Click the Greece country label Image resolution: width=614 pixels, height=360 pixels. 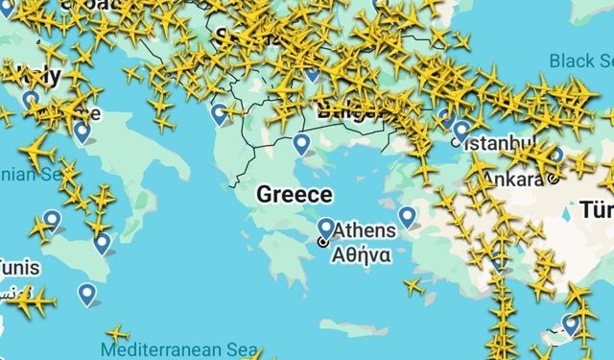[295, 195]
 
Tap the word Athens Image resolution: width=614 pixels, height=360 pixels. [364, 231]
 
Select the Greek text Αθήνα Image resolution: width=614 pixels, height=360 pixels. [360, 255]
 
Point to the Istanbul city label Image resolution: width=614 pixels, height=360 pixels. [499, 143]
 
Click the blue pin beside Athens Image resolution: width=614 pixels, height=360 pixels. [326, 228]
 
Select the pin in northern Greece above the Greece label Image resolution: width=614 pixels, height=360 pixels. [302, 144]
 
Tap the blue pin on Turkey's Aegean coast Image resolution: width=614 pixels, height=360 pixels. [408, 216]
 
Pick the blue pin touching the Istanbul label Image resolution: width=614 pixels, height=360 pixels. [461, 130]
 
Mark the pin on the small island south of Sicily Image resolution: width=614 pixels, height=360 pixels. [88, 294]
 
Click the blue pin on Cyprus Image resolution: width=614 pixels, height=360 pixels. [572, 324]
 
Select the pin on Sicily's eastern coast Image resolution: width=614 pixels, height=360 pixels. [102, 242]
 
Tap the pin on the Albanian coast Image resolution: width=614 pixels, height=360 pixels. [221, 113]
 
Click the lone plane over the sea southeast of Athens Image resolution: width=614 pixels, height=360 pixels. [413, 286]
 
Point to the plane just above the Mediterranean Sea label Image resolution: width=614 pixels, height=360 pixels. [117, 333]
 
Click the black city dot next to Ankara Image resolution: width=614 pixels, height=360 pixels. [554, 180]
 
